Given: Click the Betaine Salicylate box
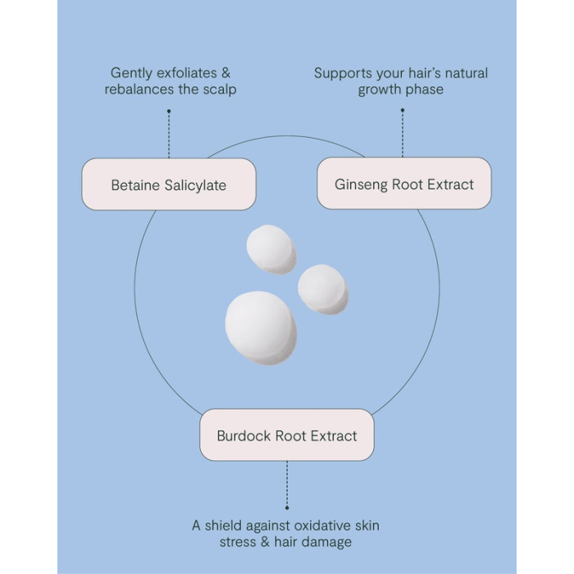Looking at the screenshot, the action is tap(169, 184).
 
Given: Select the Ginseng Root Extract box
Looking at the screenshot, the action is tap(404, 184).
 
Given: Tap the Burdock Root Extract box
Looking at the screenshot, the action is tap(287, 435).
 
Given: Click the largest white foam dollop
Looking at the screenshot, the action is tap(261, 328).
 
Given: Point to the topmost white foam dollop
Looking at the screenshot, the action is tap(271, 249).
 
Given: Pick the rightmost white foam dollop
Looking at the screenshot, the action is tap(323, 289).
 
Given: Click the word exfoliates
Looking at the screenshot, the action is tap(187, 73).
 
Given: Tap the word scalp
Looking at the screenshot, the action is tap(220, 89).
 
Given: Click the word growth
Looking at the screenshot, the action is tap(378, 89).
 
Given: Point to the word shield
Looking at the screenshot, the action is tap(225, 526).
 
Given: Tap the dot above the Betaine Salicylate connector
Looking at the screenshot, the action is tap(169, 111).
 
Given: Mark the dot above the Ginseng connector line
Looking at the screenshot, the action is tap(403, 110).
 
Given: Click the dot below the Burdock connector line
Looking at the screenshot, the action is tap(287, 508).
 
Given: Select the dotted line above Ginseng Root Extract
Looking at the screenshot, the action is tap(403, 134).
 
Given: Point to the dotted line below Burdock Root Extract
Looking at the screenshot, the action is tap(287, 483).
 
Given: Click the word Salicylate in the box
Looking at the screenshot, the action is tap(195, 185).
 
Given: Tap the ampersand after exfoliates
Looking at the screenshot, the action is tap(225, 73).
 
